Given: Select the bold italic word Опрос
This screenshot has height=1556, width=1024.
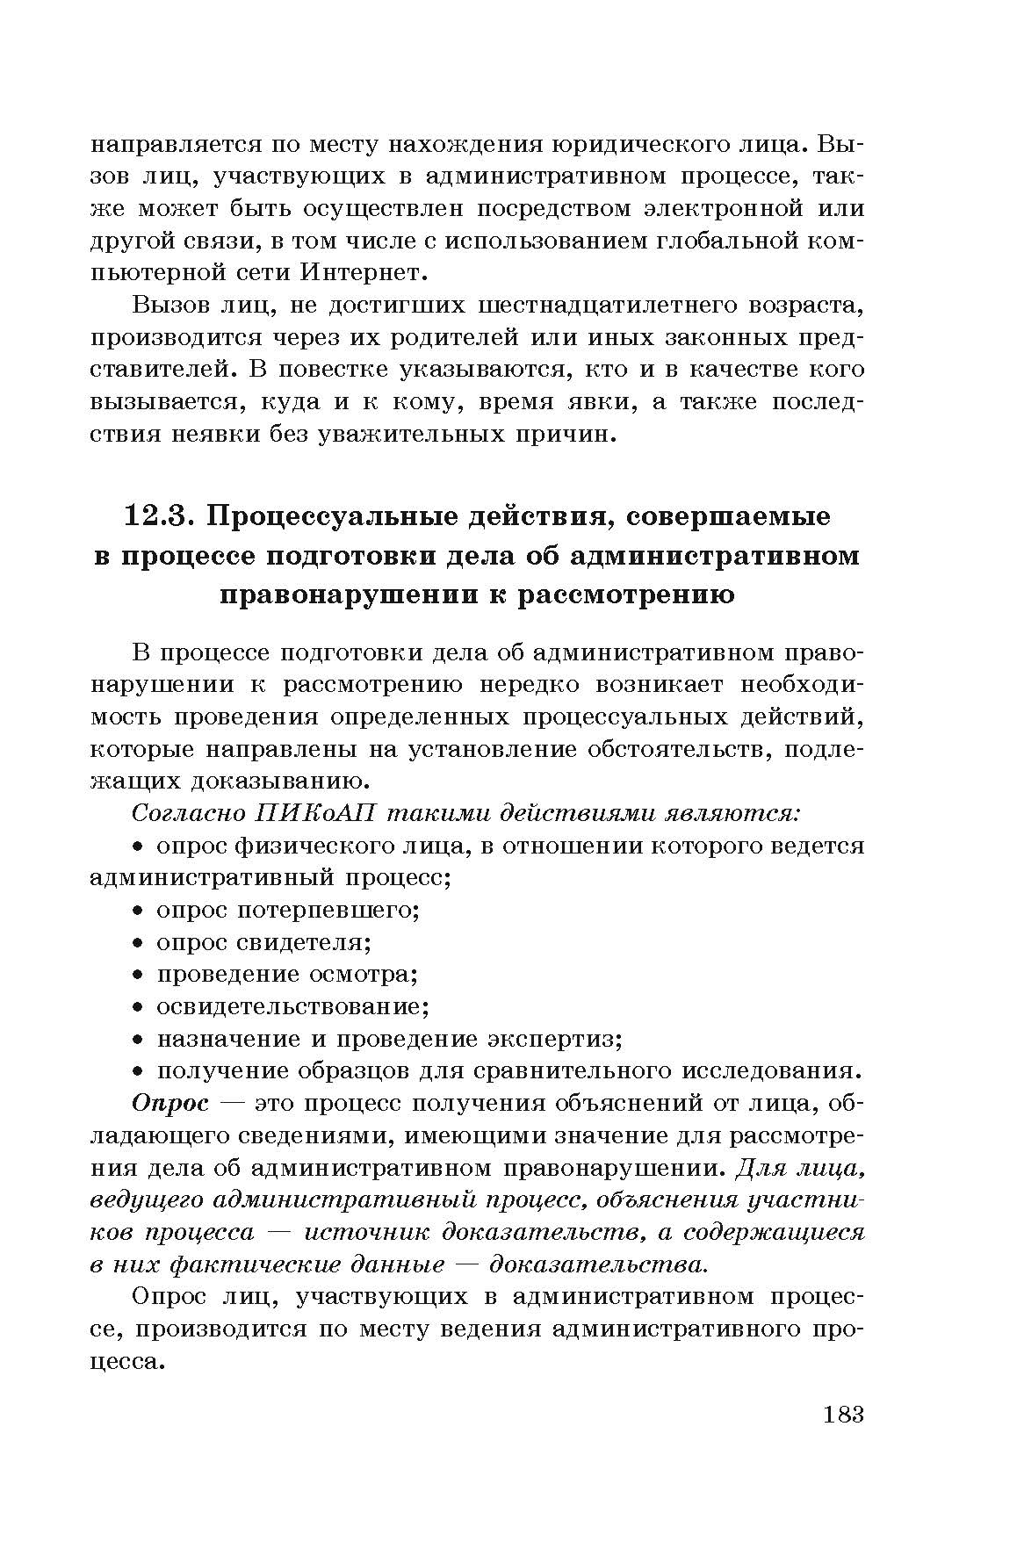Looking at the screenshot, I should point(170,1103).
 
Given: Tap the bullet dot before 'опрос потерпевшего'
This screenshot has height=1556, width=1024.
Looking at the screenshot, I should point(138,910).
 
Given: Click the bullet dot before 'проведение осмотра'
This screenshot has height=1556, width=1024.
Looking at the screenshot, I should point(138,975).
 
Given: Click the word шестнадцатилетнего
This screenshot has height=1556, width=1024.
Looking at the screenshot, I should point(602,306).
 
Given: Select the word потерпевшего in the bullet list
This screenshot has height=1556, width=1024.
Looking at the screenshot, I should point(328,910).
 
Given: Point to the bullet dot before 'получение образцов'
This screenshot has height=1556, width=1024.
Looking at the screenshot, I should point(138,1071).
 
